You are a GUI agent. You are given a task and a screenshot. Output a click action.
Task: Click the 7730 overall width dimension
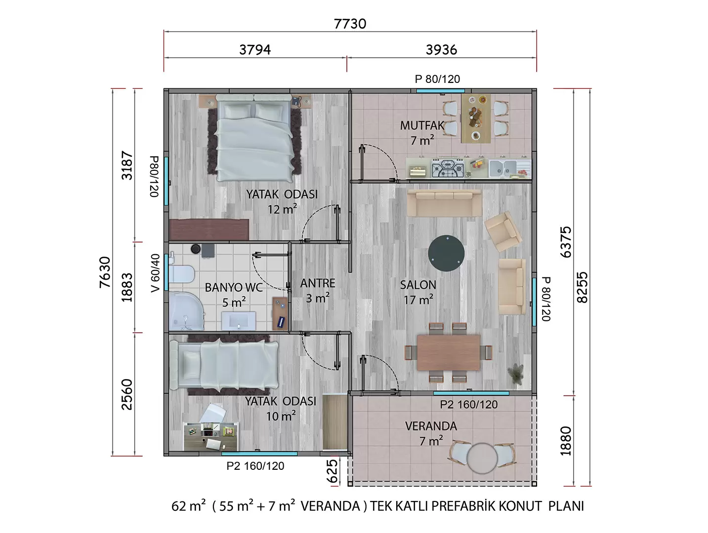coord(350,24)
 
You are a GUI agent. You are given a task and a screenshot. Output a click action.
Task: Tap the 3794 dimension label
coord(255,49)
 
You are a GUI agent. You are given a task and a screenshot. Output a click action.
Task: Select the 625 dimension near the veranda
coord(332,470)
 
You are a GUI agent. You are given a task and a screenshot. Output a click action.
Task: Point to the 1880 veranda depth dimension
coord(566,441)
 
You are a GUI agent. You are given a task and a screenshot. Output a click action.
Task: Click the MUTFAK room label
coord(422,126)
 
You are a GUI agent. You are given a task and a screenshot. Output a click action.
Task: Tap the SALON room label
coord(418,285)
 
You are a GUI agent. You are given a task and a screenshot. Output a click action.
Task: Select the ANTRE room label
coord(318,283)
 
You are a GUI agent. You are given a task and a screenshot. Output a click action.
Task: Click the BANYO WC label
coord(234,287)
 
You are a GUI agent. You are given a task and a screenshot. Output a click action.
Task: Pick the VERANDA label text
coord(431,426)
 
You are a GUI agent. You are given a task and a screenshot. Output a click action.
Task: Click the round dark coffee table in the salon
coord(446,253)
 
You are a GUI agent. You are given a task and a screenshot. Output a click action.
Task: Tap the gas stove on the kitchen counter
coord(448,168)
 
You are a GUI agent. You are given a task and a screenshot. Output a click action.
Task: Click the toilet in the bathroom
coord(181,274)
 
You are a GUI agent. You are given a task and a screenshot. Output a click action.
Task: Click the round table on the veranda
coord(482,458)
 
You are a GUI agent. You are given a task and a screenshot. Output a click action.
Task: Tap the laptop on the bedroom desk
coord(213,445)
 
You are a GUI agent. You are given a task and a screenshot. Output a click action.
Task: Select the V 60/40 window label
coord(155,273)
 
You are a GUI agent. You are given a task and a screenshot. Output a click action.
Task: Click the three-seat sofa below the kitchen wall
coord(445,203)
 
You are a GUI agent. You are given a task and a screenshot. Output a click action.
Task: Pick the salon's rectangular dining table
coord(448,352)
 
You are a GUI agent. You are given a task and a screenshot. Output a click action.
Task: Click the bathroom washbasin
coord(239,320)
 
